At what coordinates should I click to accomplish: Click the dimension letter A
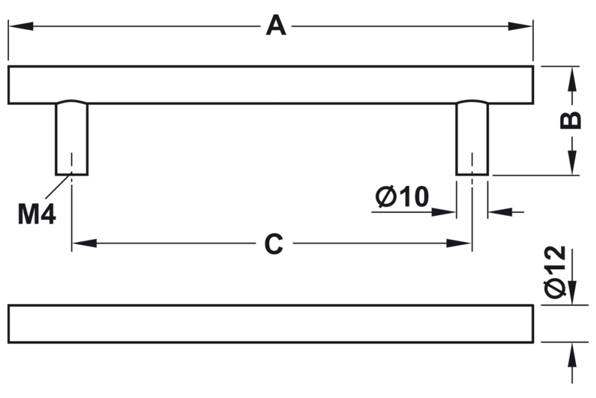pyautogui.click(x=275, y=26)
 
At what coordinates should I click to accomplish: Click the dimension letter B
pyautogui.click(x=571, y=120)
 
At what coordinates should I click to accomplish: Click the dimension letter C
pyautogui.click(x=273, y=243)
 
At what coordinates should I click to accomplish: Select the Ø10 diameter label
pyautogui.click(x=402, y=197)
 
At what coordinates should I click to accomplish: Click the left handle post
pyautogui.click(x=72, y=138)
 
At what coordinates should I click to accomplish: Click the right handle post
pyautogui.click(x=472, y=138)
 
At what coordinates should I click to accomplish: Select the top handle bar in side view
pyautogui.click(x=271, y=85)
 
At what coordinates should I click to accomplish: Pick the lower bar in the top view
pyautogui.click(x=271, y=324)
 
